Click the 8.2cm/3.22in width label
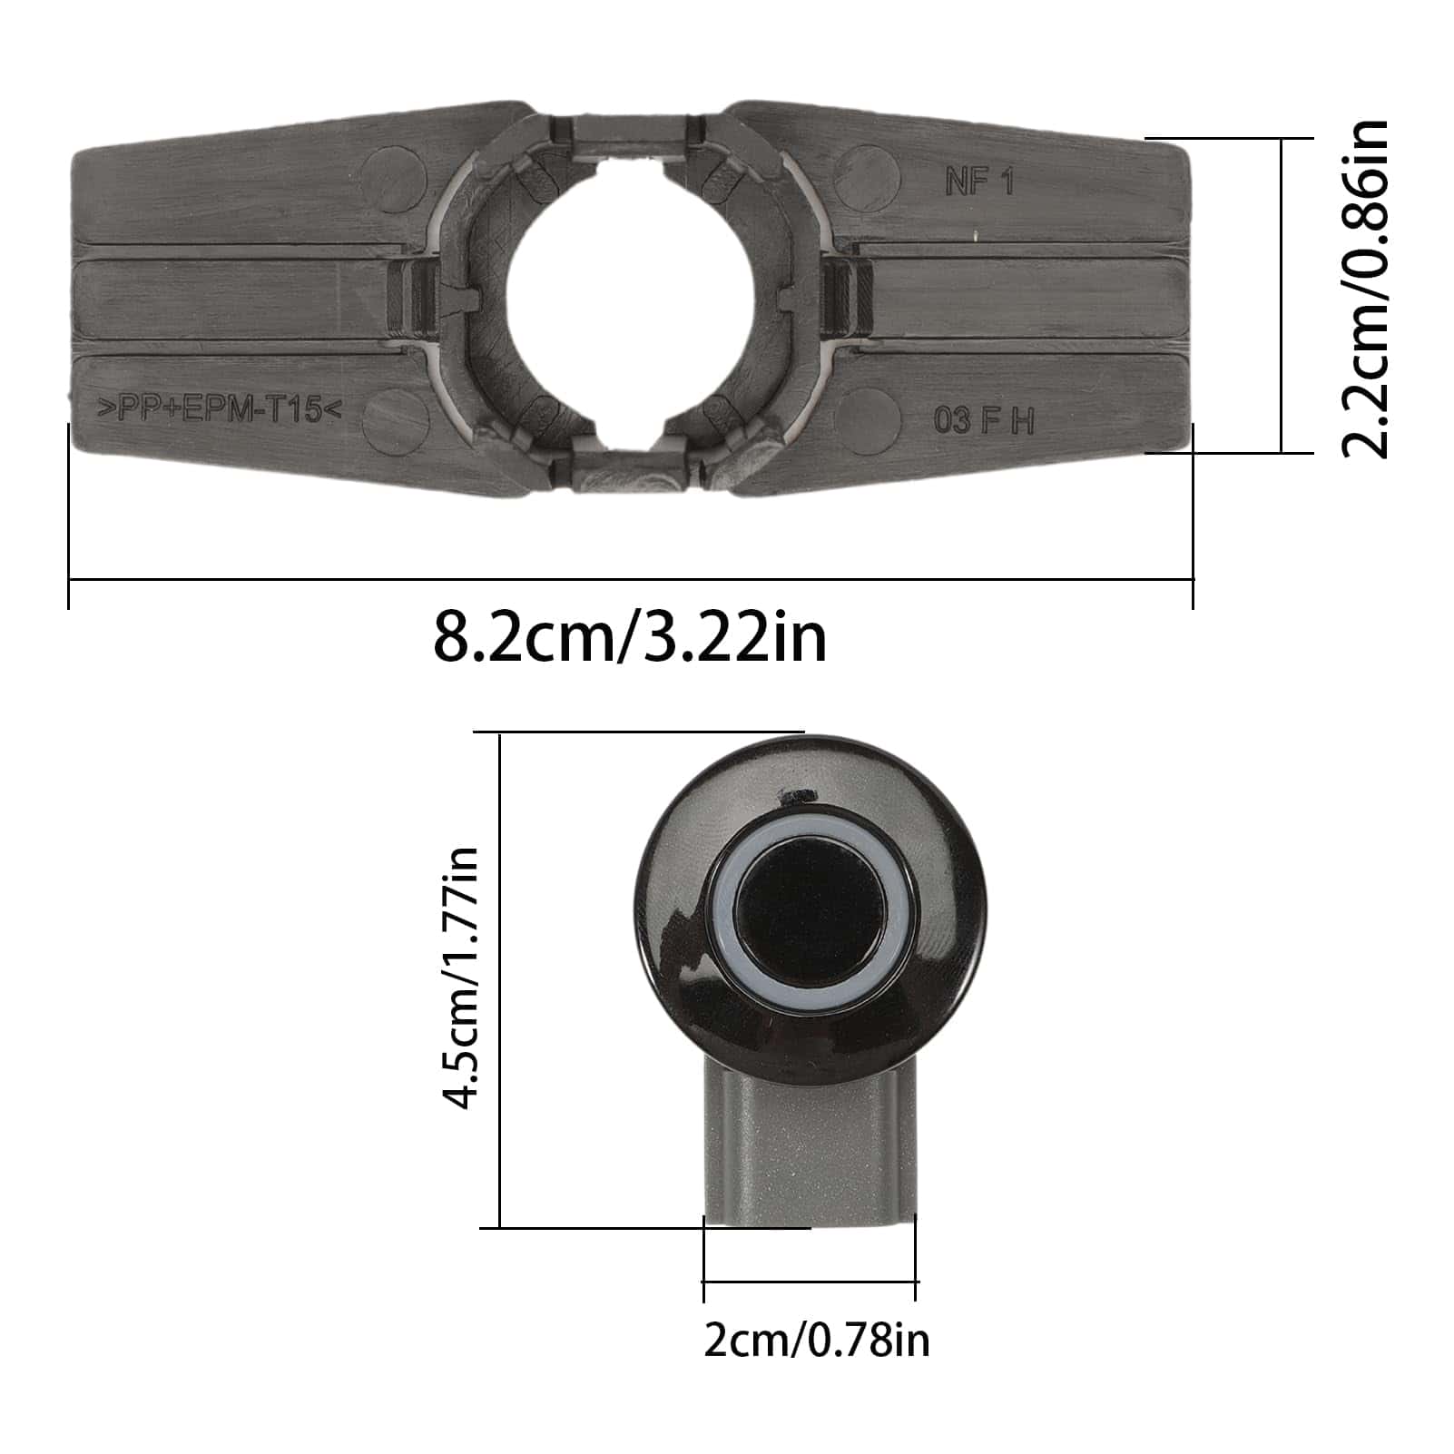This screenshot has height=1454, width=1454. pos(630,638)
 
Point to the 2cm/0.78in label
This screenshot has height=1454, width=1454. pos(816,1340)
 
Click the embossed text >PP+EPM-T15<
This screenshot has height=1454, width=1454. pos(219,409)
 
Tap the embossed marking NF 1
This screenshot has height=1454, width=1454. pos(978,182)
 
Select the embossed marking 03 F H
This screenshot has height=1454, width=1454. pos(984,421)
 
